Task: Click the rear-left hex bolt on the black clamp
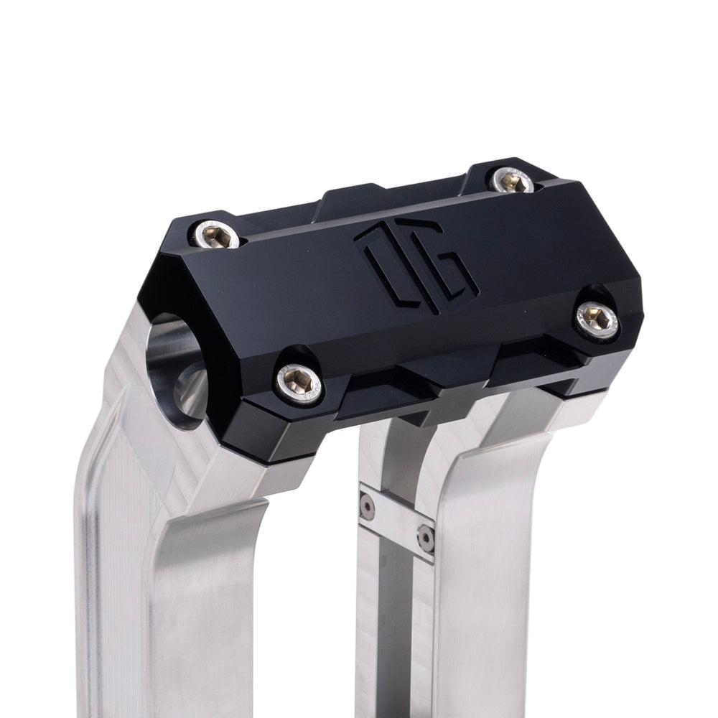click(x=215, y=236)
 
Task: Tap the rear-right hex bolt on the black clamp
click(x=512, y=180)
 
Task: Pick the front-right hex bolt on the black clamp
click(x=598, y=319)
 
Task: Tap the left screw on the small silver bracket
click(x=367, y=507)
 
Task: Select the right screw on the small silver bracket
click(x=426, y=537)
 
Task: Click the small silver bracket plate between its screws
click(x=396, y=522)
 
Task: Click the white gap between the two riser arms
click(x=316, y=610)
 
